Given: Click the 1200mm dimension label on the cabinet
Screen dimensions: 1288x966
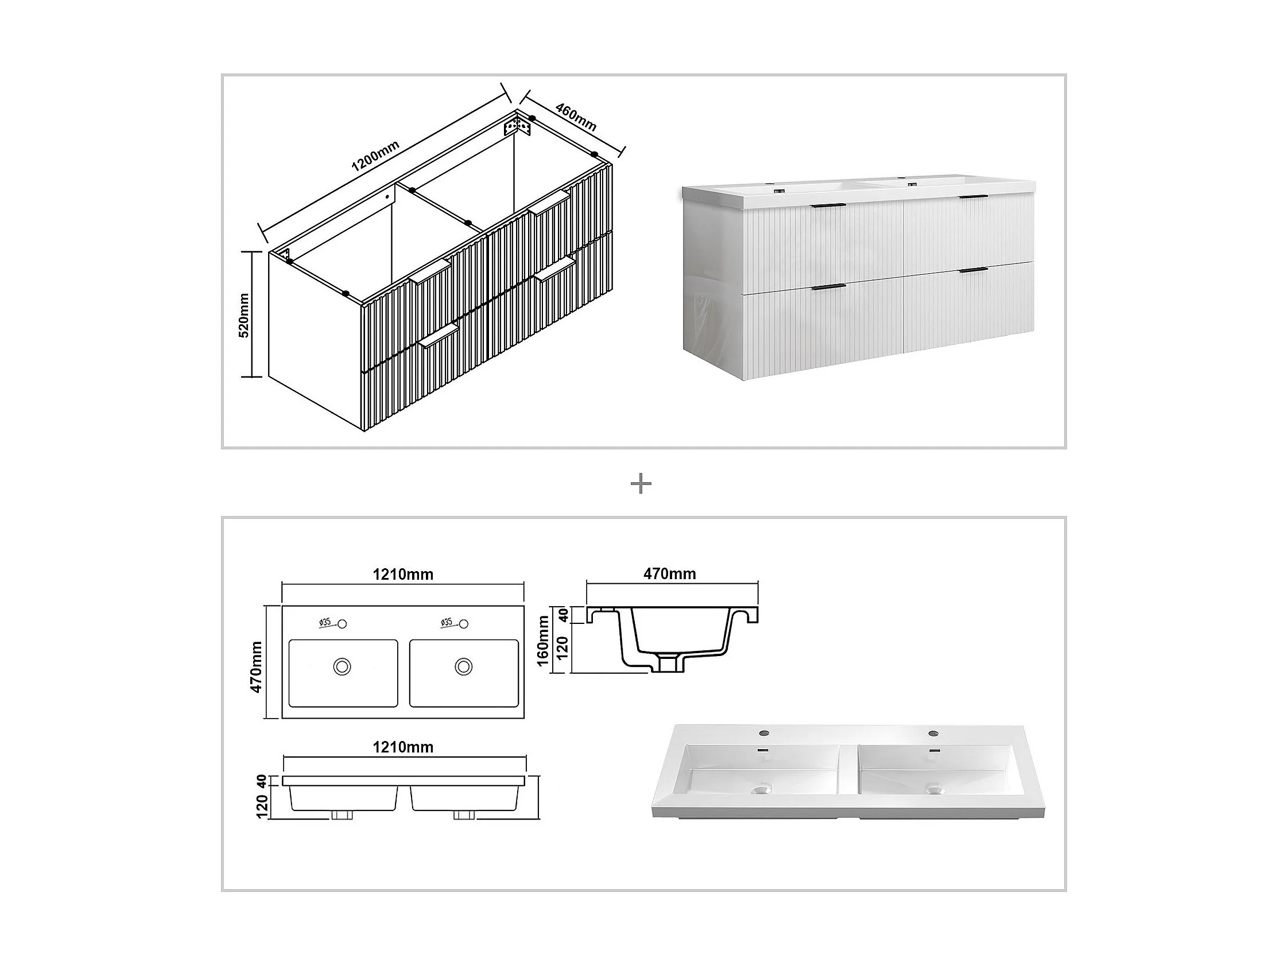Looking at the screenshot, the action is click(x=375, y=156).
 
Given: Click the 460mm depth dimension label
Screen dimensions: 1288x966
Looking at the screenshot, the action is click(x=576, y=117).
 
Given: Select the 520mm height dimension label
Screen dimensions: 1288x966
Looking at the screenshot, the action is click(x=244, y=315).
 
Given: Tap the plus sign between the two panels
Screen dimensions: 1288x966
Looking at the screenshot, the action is click(x=641, y=483).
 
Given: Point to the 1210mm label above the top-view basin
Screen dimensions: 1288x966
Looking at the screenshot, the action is click(x=403, y=575).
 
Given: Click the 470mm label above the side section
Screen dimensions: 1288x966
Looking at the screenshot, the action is click(x=670, y=574).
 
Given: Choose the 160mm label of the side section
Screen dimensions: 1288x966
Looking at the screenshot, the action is click(x=543, y=641).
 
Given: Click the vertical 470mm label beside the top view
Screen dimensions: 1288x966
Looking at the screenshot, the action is click(x=256, y=667).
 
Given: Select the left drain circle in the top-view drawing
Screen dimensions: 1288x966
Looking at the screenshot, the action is click(x=343, y=666).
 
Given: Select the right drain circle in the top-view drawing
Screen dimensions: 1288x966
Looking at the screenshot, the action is click(x=464, y=666).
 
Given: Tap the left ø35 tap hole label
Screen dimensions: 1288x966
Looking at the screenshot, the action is click(x=325, y=622).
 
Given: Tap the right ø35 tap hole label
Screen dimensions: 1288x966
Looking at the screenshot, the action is click(x=447, y=622).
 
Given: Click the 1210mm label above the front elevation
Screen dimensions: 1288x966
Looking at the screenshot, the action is click(x=403, y=747).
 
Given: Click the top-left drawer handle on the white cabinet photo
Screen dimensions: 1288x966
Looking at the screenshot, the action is click(x=828, y=206).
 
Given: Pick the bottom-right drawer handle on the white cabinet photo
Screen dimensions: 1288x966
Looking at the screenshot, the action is click(x=972, y=270).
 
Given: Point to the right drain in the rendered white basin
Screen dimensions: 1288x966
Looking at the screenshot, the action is click(x=934, y=790).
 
